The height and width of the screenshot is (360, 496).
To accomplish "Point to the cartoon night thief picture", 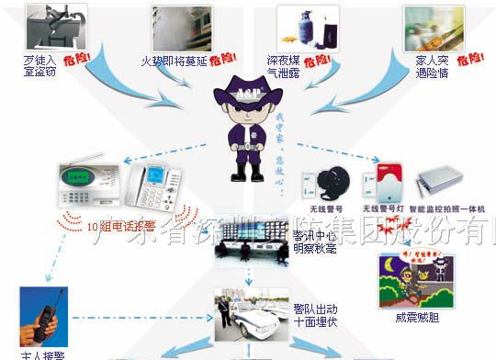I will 414,275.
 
